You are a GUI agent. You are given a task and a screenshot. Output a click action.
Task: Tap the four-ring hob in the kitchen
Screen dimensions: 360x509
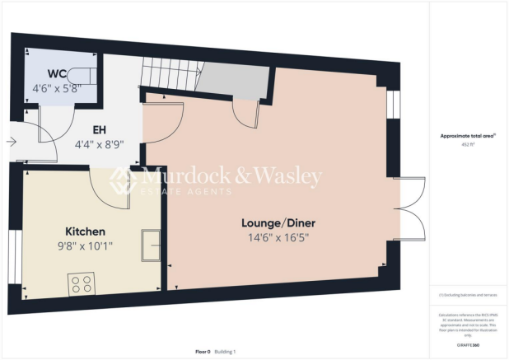click(x=81, y=283)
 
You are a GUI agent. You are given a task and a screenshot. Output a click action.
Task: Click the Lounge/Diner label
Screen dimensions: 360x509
click(x=278, y=223)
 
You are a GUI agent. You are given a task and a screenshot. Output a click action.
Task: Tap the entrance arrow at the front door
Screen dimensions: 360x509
click(x=12, y=142)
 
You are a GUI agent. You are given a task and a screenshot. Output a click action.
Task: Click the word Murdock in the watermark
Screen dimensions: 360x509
click(x=175, y=175)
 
